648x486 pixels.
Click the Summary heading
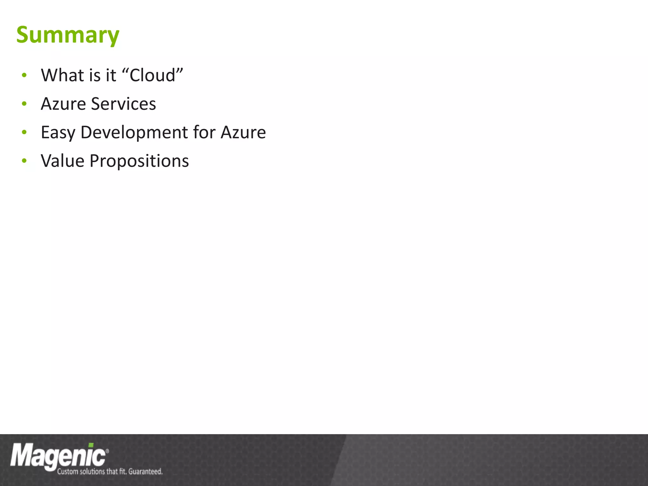(x=68, y=35)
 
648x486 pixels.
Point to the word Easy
(x=58, y=133)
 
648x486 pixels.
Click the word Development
(x=134, y=132)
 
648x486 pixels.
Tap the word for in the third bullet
(x=204, y=132)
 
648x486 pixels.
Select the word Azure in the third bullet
(x=243, y=132)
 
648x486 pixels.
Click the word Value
(x=62, y=161)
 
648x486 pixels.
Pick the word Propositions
(x=139, y=161)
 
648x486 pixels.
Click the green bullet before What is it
(x=24, y=75)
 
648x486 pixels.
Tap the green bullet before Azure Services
(x=24, y=104)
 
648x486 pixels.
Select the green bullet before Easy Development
(x=24, y=132)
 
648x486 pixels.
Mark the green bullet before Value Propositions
(x=24, y=161)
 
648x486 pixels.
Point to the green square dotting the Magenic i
(x=91, y=445)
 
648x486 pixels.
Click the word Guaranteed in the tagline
(x=145, y=471)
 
